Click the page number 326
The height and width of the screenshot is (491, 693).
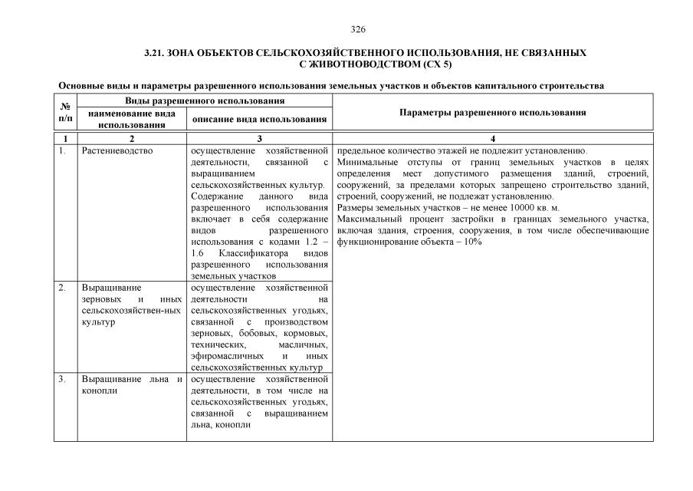357,30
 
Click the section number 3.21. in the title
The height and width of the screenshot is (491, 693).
156,54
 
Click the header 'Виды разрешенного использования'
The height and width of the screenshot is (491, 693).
205,101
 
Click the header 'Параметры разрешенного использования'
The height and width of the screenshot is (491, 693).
493,112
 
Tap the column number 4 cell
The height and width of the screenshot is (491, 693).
493,139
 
